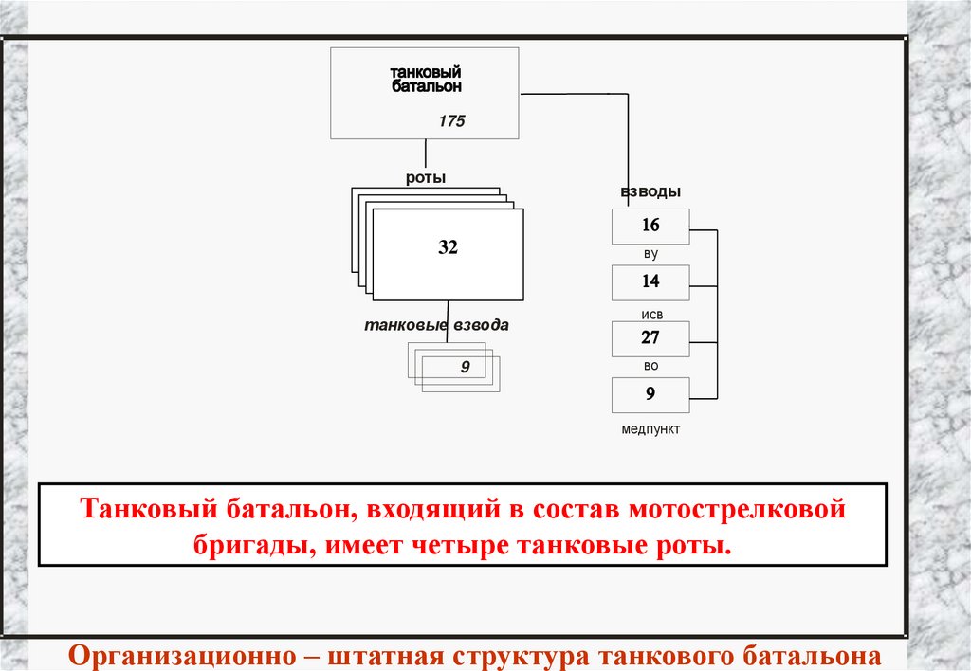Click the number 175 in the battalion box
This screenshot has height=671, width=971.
point(451,121)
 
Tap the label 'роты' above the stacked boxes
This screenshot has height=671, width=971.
point(426,177)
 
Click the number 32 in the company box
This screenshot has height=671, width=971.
point(448,247)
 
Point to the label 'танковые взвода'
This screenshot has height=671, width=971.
point(436,325)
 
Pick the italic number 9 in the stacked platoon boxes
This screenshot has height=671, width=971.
point(465,366)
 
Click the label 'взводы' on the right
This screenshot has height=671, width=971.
point(650,191)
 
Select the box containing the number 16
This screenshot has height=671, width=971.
point(650,227)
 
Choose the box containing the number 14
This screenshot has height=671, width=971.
point(650,282)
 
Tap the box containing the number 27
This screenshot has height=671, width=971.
point(650,338)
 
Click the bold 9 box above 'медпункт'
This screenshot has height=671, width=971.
point(650,394)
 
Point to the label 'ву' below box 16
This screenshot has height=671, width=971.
point(650,255)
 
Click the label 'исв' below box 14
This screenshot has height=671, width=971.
point(650,310)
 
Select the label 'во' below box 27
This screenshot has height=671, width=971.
point(650,366)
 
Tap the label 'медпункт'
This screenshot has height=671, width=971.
point(650,429)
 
